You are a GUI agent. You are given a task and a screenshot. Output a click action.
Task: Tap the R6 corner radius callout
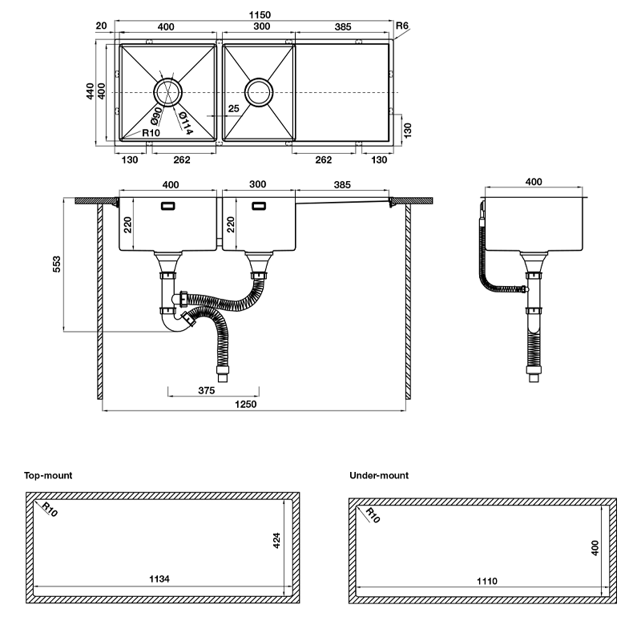[x=403, y=26]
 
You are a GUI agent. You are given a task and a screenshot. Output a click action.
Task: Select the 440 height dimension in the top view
[x=91, y=91]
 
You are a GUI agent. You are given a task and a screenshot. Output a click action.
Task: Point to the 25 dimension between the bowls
[x=233, y=108]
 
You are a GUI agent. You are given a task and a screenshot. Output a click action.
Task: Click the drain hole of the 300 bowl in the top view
[x=260, y=92]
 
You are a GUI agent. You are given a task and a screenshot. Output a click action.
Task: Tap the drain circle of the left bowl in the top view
[x=169, y=92]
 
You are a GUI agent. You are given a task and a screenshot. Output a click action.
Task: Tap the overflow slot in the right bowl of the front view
[x=260, y=207]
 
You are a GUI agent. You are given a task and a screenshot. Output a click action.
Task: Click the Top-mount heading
[x=48, y=475]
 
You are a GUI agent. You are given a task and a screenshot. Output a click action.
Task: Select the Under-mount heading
[x=379, y=475]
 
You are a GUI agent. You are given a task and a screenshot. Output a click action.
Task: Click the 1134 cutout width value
[x=159, y=579]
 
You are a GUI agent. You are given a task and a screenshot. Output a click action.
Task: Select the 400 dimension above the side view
[x=533, y=182]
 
